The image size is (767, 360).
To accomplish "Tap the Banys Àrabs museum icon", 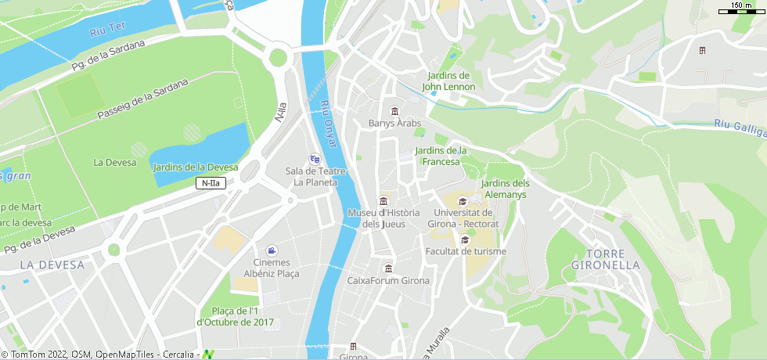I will (394, 110).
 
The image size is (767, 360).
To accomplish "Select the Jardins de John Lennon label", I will (448, 81).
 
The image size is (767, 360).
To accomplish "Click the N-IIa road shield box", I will (211, 183).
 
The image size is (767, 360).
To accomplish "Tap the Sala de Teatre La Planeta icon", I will (315, 158).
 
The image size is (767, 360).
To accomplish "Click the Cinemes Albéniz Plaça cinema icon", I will (271, 250).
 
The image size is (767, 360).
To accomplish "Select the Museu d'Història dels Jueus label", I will (383, 218).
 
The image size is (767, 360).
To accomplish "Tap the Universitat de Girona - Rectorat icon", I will (462, 201).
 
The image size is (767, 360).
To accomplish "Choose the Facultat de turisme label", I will (466, 251).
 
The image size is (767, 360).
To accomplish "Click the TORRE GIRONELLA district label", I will (606, 259).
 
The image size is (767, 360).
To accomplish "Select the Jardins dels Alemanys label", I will (505, 189).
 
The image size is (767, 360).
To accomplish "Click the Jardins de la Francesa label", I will (441, 156).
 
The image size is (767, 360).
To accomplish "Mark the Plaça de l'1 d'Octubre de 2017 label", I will (237, 316).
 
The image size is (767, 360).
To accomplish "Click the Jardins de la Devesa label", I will (195, 167).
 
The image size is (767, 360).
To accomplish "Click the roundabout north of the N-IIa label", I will (278, 57).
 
